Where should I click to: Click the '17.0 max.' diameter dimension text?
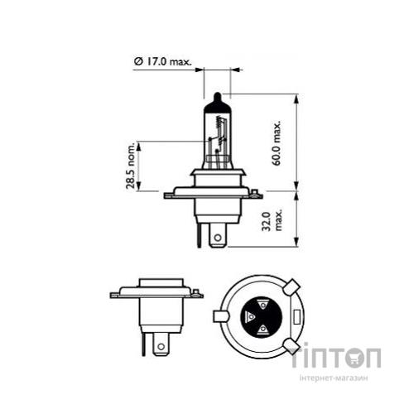167,60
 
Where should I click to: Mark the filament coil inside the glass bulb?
219,132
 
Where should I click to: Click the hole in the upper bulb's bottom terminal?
218,238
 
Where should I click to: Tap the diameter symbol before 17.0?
137,60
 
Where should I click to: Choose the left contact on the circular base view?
249,316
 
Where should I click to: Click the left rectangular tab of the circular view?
219,316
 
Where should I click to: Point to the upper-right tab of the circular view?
291,286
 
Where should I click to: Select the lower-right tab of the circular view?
291,345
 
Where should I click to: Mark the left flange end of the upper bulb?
169,195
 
